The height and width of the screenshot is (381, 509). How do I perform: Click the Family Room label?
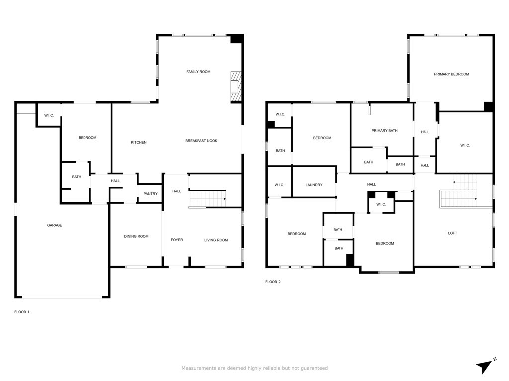[198, 72]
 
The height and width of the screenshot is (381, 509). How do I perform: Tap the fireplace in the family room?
[236, 87]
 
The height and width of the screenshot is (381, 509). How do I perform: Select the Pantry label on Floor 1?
[150, 194]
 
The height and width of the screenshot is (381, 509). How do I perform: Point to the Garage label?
[54, 225]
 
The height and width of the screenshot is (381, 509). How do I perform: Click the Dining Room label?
[136, 236]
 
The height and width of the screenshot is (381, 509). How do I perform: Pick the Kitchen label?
[139, 142]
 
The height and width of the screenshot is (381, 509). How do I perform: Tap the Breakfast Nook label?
[201, 141]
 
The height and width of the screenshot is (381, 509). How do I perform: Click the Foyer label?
[177, 240]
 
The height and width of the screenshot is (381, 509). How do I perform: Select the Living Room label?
[216, 240]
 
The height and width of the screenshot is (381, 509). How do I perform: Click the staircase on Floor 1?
[208, 199]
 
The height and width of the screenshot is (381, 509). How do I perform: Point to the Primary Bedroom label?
[451, 74]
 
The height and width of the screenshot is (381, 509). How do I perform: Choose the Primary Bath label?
[384, 131]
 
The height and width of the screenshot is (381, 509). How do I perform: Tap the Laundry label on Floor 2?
[314, 185]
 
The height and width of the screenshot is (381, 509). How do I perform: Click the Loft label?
[452, 233]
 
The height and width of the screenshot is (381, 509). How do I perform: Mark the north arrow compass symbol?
[485, 367]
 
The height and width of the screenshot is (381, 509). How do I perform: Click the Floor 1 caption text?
[22, 312]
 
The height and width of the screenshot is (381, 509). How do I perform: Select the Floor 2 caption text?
[273, 282]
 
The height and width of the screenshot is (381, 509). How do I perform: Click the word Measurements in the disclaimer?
[199, 368]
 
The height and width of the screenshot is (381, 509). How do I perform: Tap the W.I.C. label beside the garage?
[49, 115]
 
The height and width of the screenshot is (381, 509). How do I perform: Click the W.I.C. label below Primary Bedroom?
[465, 145]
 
